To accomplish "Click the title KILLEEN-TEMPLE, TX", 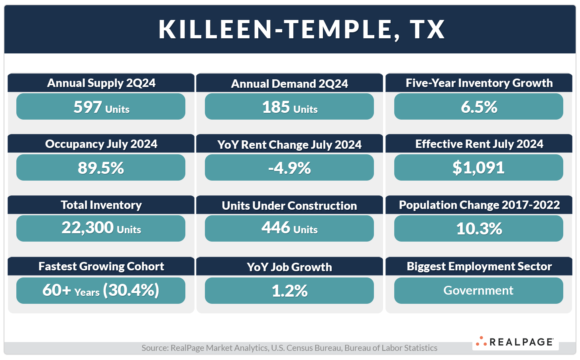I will click(302, 29).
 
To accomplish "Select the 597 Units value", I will click(101, 107).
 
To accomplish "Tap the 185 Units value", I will click(289, 107).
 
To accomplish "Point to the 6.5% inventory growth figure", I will click(479, 107).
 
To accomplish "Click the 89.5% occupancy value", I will click(101, 168).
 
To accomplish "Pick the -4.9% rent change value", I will click(289, 168).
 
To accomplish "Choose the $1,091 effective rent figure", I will click(478, 168).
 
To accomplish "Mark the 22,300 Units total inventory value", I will click(101, 228).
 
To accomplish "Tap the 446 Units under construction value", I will click(289, 228).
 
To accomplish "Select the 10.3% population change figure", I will click(479, 228).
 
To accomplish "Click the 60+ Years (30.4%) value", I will click(101, 290).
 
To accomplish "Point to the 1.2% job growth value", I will click(289, 291).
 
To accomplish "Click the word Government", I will click(478, 290).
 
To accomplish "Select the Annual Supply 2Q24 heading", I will click(101, 83).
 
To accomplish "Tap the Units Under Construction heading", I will click(289, 206).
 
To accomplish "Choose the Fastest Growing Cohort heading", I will click(101, 266).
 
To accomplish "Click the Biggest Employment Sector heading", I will click(479, 266).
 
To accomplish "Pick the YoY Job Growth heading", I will click(289, 267).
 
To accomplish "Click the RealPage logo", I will click(515, 342).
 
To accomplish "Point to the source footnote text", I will click(289, 348).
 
